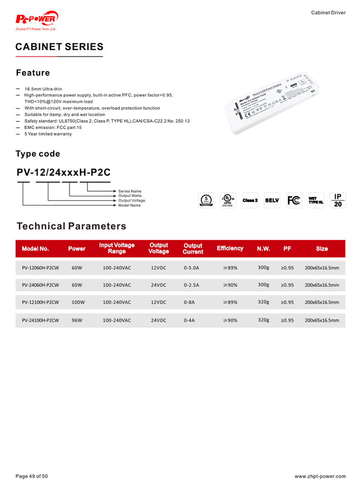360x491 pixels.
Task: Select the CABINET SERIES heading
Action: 59,47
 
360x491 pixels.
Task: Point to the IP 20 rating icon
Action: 338,200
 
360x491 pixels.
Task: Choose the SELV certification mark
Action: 272,199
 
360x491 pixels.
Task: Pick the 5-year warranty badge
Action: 206,200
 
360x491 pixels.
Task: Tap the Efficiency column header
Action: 230,248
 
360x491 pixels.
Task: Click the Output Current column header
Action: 193,249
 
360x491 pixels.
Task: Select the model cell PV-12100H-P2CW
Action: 40,302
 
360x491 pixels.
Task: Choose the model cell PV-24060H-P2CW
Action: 40,285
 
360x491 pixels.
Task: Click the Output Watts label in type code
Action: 130,196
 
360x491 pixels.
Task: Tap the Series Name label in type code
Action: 130,191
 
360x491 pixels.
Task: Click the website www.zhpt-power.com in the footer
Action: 320,476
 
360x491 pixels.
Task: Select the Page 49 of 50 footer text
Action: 32,476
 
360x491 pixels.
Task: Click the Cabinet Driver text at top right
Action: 328,12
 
